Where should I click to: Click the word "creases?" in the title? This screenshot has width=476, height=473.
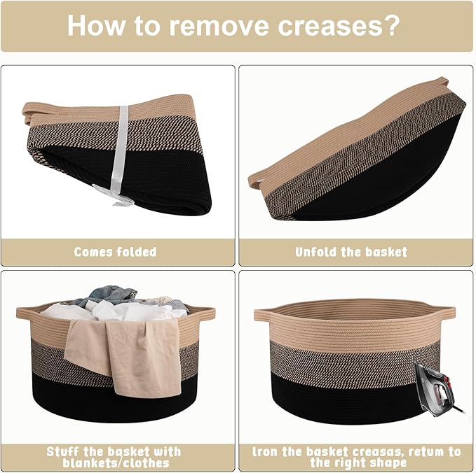point(338,26)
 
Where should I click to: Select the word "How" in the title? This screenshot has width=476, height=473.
point(96,25)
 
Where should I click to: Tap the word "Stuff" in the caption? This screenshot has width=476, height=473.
point(63,452)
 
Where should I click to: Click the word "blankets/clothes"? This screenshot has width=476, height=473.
point(116,463)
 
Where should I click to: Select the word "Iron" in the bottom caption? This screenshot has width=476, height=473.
point(265,452)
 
